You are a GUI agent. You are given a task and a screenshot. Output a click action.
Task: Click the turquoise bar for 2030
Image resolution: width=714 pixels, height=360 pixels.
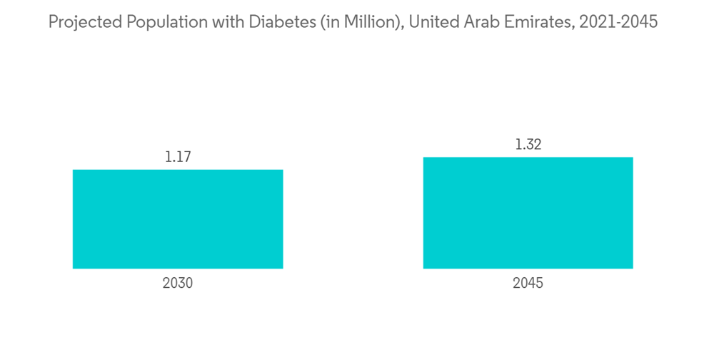click(x=178, y=219)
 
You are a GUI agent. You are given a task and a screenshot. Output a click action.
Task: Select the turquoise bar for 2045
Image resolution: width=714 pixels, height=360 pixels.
click(x=528, y=213)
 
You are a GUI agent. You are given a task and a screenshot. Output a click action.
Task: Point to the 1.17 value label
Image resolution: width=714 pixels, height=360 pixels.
click(x=178, y=157)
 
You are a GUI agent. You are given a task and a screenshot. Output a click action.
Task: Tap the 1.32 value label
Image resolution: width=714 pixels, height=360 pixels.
click(x=528, y=144)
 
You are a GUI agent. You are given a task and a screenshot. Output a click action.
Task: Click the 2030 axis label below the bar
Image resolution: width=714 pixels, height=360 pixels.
click(x=178, y=283)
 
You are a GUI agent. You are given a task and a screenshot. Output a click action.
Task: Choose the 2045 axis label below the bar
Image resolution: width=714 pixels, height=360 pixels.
click(x=528, y=283)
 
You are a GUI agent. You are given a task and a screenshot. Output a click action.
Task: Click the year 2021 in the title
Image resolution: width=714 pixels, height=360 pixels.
click(x=598, y=23)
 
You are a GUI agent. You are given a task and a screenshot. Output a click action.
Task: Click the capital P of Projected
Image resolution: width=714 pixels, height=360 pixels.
click(x=52, y=23)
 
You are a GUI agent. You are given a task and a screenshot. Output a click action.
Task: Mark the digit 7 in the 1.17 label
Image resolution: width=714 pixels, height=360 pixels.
click(x=187, y=157)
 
